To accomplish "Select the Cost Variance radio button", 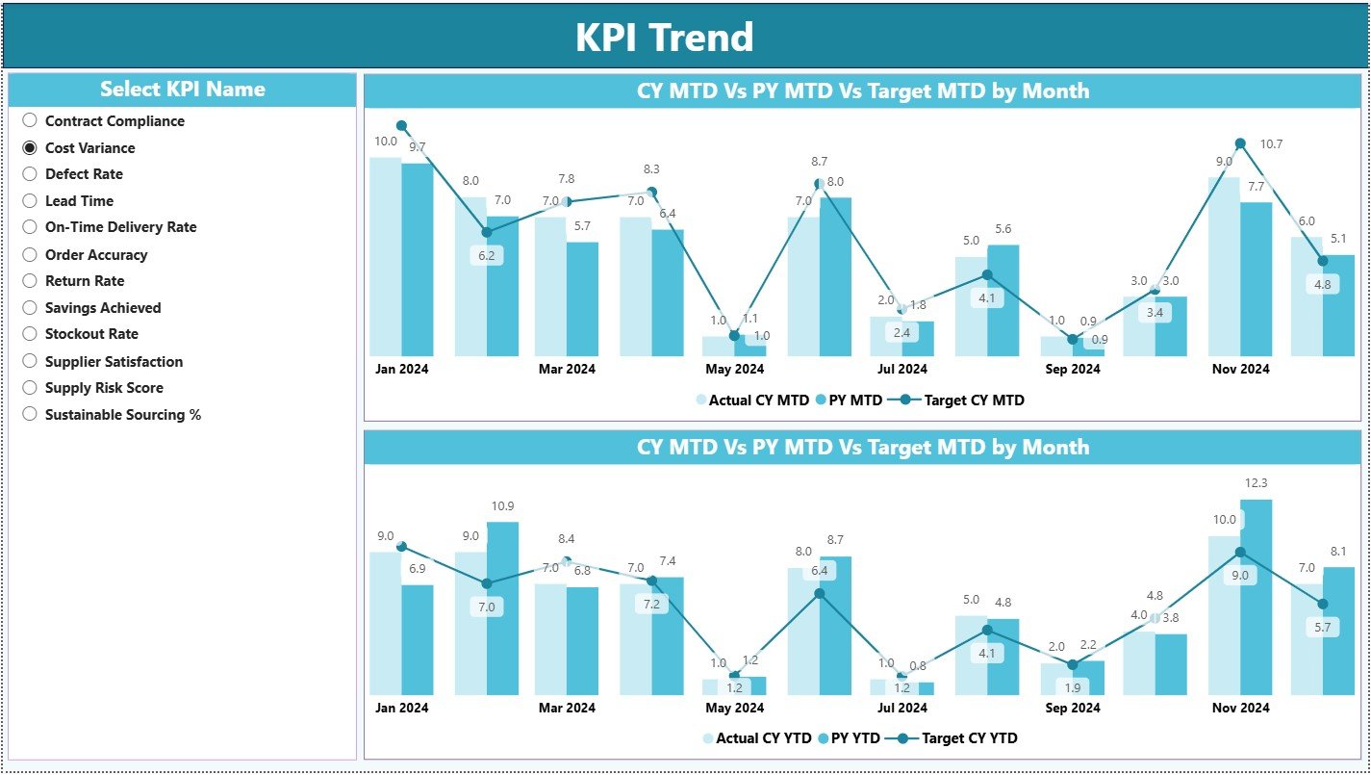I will pyautogui.click(x=30, y=147).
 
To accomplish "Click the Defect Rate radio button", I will pyautogui.click(x=30, y=174).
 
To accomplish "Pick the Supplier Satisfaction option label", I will pyautogui.click(x=114, y=362).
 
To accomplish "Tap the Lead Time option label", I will pyautogui.click(x=79, y=201).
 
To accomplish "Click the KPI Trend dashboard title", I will pyautogui.click(x=665, y=38).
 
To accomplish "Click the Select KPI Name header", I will pyautogui.click(x=182, y=90).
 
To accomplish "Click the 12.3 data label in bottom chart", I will pyautogui.click(x=1257, y=483).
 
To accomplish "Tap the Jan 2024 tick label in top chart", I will pyautogui.click(x=401, y=369).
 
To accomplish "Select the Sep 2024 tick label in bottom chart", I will pyautogui.click(x=1072, y=708).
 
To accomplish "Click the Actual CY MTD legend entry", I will pyautogui.click(x=756, y=400).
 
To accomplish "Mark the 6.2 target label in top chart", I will pyautogui.click(x=486, y=256).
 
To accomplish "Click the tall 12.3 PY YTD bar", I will pyautogui.click(x=1256, y=597).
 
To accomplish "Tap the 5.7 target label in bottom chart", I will pyautogui.click(x=1322, y=627).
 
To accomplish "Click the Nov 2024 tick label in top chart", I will pyautogui.click(x=1240, y=369).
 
